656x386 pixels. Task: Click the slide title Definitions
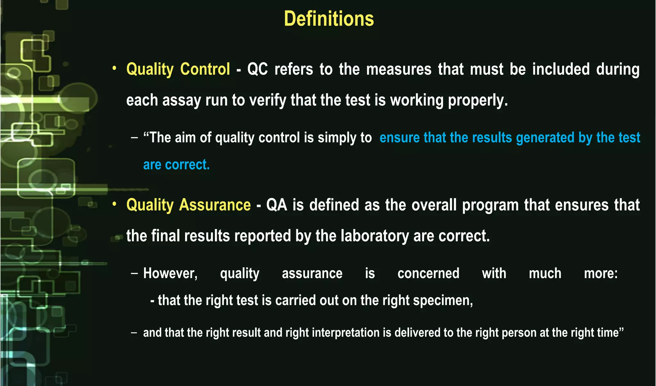pyautogui.click(x=329, y=19)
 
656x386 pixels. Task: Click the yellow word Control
pyautogui.click(x=205, y=69)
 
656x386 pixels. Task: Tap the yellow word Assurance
pyautogui.click(x=215, y=205)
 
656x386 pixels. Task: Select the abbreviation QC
pyautogui.click(x=258, y=69)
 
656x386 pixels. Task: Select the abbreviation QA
pyautogui.click(x=276, y=205)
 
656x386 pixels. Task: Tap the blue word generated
pyautogui.click(x=545, y=138)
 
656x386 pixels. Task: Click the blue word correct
pyautogui.click(x=187, y=165)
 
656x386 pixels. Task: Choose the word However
pyautogui.click(x=170, y=274)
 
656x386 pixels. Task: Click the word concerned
pyautogui.click(x=428, y=274)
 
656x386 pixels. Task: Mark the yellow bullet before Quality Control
pyautogui.click(x=114, y=68)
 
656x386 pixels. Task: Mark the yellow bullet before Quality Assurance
pyautogui.click(x=114, y=204)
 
